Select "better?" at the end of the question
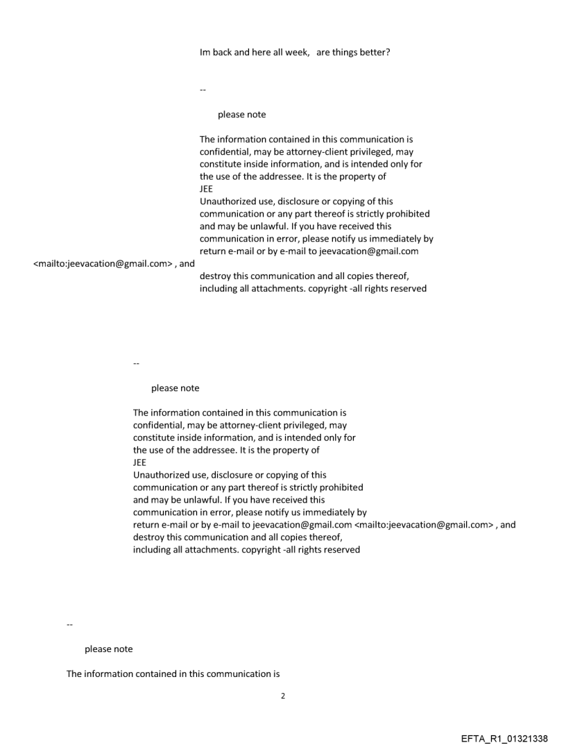[374, 52]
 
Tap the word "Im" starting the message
[205, 52]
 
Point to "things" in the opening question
[345, 52]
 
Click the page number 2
[282, 696]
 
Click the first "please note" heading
[241, 115]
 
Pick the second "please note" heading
[175, 388]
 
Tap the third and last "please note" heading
[108, 649]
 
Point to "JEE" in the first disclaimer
[206, 189]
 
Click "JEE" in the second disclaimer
[139, 462]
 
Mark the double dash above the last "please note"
[69, 624]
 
